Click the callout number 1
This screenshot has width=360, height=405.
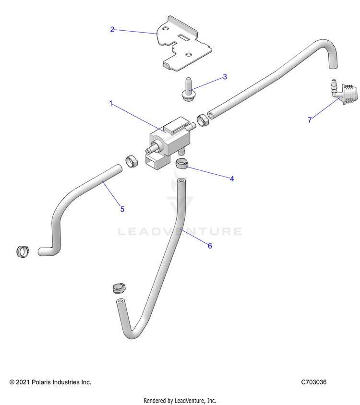[x=111, y=104]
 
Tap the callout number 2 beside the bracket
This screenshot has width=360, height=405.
[x=112, y=29]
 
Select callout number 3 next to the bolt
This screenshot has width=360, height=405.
[x=225, y=77]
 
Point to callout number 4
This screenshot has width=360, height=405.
[x=232, y=179]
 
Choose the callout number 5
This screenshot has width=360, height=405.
[x=122, y=209]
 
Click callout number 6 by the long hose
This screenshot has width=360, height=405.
[x=210, y=246]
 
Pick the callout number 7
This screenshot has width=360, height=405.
[x=310, y=120]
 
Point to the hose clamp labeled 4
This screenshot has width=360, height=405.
[x=182, y=164]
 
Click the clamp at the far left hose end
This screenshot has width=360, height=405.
[x=23, y=251]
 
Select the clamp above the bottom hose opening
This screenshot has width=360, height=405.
[x=119, y=288]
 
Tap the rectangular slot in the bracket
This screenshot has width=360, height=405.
[x=184, y=38]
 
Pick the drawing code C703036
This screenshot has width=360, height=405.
[x=314, y=382]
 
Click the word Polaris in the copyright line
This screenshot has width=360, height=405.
[x=41, y=382]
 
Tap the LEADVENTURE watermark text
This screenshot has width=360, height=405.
[x=180, y=231]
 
